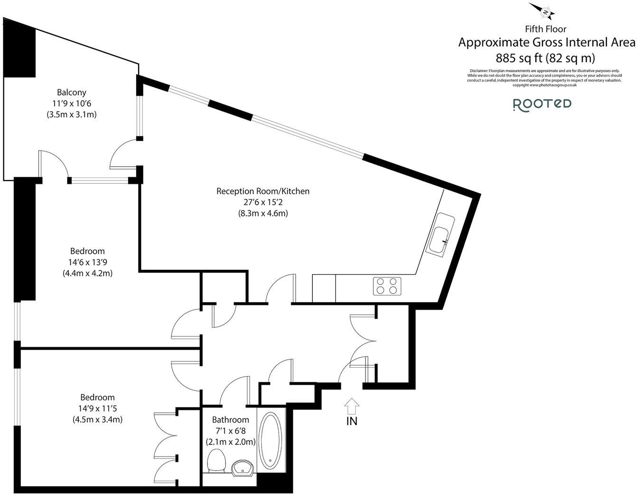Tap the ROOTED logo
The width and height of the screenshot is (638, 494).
[x=542, y=104]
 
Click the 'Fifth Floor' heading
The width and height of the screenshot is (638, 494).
[x=545, y=29]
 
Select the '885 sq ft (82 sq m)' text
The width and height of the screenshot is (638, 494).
[x=545, y=58]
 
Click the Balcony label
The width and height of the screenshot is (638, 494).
[x=72, y=92]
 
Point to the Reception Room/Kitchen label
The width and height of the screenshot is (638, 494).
[x=263, y=191]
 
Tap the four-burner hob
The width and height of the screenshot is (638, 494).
[x=387, y=286]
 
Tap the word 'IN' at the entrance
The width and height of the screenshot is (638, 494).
[x=352, y=421]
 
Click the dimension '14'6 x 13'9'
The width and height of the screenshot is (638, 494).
[x=87, y=262]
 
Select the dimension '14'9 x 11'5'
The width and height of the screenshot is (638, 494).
[x=97, y=408]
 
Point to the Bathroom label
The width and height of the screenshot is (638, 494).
[x=230, y=420]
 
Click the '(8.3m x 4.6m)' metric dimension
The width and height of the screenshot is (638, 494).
[x=263, y=213]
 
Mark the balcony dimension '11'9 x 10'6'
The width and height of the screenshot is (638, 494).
[x=72, y=103]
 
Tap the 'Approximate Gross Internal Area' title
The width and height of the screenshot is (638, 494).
[x=546, y=43]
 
